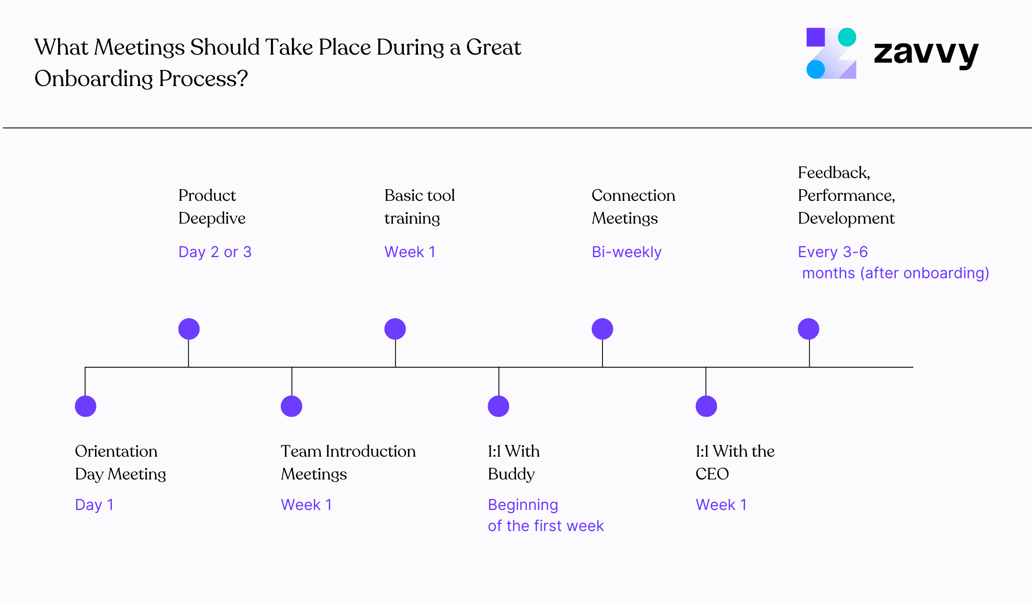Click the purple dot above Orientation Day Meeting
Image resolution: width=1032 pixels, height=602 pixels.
pyautogui.click(x=86, y=406)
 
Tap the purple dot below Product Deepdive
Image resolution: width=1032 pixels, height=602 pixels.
pyautogui.click(x=189, y=329)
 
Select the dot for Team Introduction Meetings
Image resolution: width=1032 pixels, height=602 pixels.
pyautogui.click(x=292, y=406)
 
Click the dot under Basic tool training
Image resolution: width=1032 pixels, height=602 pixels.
pyautogui.click(x=395, y=329)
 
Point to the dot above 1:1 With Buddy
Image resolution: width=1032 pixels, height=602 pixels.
pyautogui.click(x=498, y=406)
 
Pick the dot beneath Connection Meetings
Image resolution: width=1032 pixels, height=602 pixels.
pyautogui.click(x=602, y=329)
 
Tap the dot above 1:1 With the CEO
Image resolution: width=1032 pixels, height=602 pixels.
pyautogui.click(x=706, y=406)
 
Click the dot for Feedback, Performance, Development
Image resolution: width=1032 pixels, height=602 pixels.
pyautogui.click(x=808, y=329)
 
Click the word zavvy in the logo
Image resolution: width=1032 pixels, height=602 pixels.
pyautogui.click(x=926, y=53)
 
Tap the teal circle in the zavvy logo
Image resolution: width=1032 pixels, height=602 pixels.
pyautogui.click(x=847, y=37)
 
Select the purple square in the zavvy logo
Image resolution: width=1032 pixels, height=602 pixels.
pyautogui.click(x=815, y=37)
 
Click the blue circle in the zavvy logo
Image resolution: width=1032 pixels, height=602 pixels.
pyautogui.click(x=815, y=69)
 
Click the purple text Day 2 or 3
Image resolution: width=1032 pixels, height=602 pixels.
pyautogui.click(x=215, y=252)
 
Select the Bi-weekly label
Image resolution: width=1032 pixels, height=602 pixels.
pyautogui.click(x=627, y=252)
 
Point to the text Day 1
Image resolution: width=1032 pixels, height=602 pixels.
pyautogui.click(x=94, y=505)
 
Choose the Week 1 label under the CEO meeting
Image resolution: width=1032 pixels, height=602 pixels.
pyautogui.click(x=721, y=505)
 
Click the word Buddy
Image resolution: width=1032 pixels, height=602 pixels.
pyautogui.click(x=511, y=474)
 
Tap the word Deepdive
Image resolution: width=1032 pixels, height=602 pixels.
pyautogui.click(x=212, y=218)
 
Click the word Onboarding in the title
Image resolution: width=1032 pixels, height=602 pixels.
pyautogui.click(x=94, y=79)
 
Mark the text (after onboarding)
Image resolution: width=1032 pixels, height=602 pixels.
pyautogui.click(x=924, y=273)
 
